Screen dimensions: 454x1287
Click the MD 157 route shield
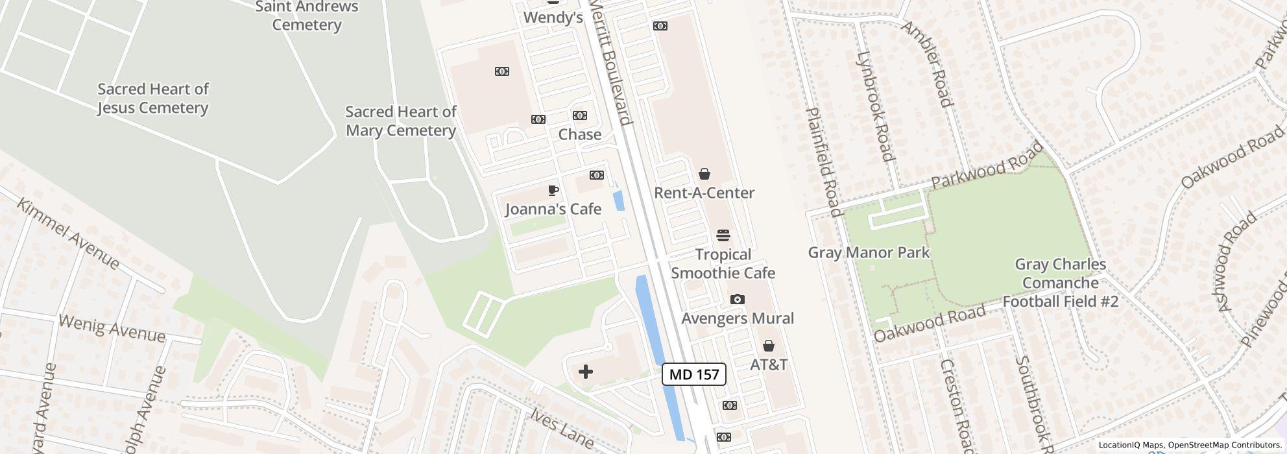(693, 374)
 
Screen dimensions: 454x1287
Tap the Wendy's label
(553, 18)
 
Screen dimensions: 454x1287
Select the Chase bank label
(579, 134)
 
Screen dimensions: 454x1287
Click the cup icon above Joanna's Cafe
(553, 191)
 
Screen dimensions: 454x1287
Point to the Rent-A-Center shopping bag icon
(704, 174)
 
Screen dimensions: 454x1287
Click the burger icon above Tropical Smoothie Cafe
(723, 235)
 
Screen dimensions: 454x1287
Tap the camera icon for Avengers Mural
(738, 299)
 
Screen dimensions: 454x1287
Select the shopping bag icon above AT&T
(769, 346)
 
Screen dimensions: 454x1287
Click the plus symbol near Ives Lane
(586, 372)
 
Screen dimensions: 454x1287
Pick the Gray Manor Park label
(869, 252)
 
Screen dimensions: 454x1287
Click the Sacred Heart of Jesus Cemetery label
(153, 99)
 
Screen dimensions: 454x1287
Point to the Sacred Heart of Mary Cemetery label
(401, 121)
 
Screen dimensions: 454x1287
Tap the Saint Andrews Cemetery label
(306, 16)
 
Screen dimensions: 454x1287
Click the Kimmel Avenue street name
(67, 233)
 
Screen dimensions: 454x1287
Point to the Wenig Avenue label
(112, 328)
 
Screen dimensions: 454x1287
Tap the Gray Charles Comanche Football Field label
(1060, 283)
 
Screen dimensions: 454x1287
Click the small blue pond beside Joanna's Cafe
(619, 200)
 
